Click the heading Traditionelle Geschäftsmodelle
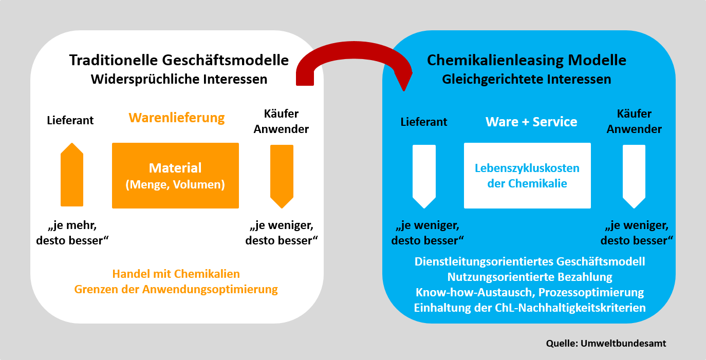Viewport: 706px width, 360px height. click(x=179, y=60)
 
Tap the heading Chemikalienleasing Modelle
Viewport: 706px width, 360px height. click(x=527, y=60)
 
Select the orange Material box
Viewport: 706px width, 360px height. click(x=175, y=176)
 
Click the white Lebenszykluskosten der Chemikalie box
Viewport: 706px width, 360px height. click(x=527, y=176)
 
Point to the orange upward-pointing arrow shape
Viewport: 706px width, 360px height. click(x=72, y=175)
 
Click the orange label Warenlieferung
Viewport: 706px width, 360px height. click(x=177, y=118)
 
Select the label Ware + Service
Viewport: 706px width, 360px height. click(x=531, y=122)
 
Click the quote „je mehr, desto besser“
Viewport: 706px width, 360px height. click(x=73, y=233)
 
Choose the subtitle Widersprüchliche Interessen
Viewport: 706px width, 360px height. click(x=179, y=80)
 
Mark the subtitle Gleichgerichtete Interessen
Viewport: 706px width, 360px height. click(x=527, y=80)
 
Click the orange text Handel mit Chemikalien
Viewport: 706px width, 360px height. click(x=176, y=274)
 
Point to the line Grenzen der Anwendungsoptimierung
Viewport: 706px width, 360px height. click(x=176, y=289)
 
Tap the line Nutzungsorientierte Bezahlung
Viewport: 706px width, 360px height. click(x=530, y=277)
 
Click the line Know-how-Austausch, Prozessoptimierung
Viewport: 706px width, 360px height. click(x=530, y=292)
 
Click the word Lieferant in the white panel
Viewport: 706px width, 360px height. click(x=70, y=120)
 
